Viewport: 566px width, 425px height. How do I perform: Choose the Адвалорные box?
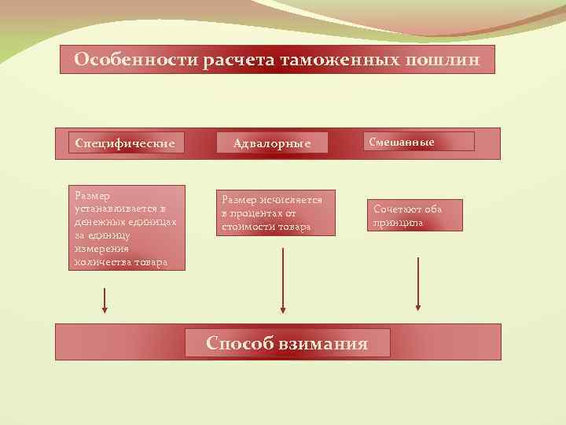pos(272,142)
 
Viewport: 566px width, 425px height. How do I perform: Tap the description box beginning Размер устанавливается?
pos(127,228)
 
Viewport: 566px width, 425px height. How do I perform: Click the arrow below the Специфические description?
pos(105,300)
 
